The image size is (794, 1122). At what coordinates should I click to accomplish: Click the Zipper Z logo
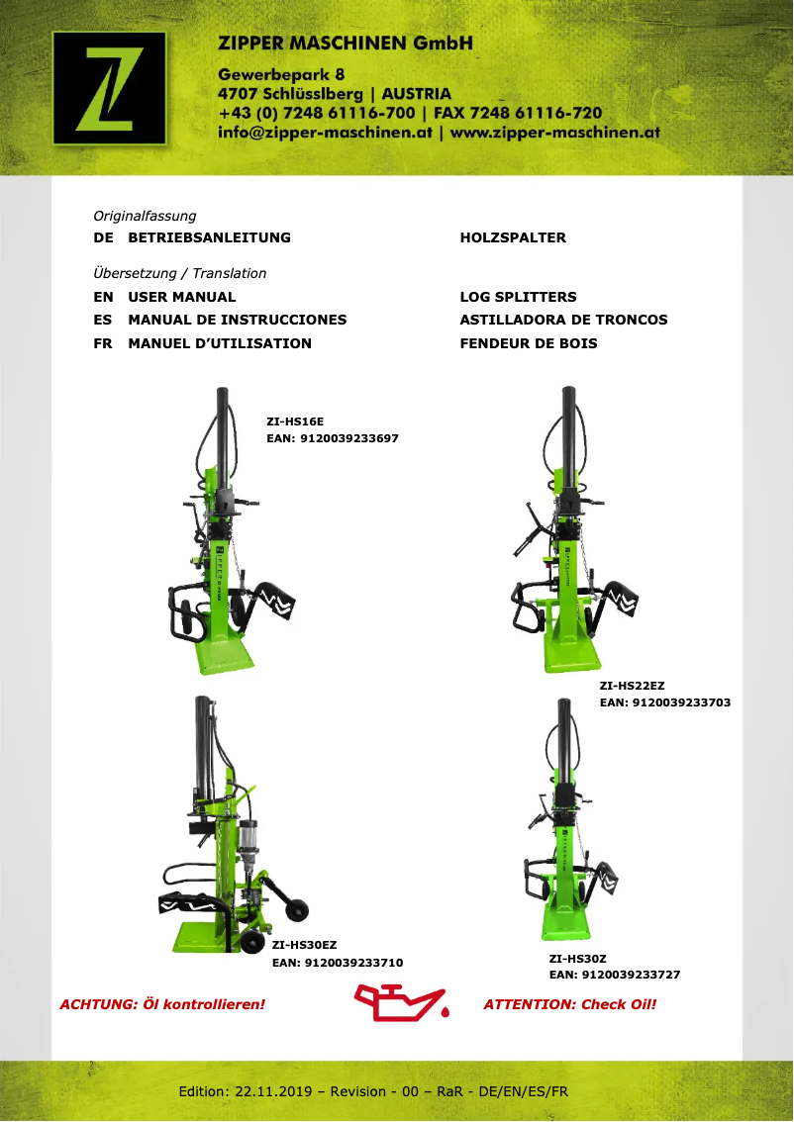pos(109,85)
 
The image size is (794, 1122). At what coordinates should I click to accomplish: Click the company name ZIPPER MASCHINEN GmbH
pos(346,44)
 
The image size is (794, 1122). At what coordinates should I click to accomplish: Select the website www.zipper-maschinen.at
pos(555,132)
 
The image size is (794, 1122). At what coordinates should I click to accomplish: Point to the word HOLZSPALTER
pos(513,237)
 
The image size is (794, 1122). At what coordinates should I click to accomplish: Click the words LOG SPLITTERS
pos(518,297)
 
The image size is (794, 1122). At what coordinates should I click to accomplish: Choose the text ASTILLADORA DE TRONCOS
pos(563,320)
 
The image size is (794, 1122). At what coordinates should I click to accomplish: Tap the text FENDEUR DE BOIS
pos(529,343)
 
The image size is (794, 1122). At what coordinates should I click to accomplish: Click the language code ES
pos(102,320)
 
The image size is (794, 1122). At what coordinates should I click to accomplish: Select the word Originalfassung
pos(145,216)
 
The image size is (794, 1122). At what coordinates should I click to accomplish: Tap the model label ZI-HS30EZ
pos(305,945)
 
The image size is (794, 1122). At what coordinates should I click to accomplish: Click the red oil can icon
pos(401,1002)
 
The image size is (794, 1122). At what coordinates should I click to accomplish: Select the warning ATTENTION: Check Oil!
pos(570,1004)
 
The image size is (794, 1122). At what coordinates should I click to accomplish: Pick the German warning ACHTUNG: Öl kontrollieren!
pos(163,1004)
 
